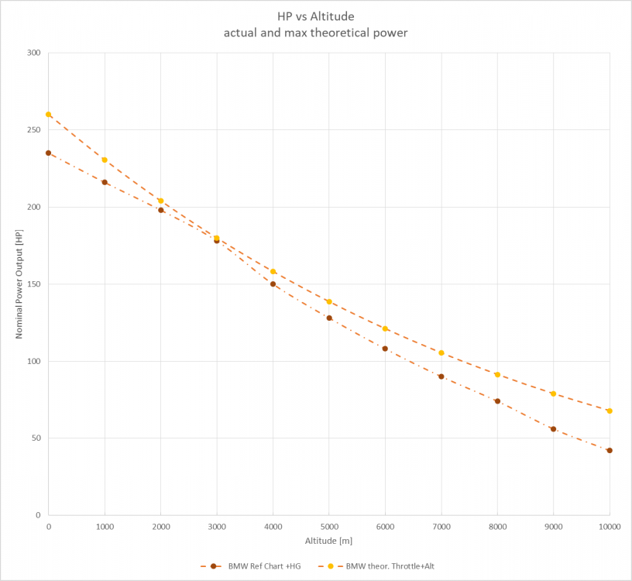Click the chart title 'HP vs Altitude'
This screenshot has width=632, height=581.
pos(316,15)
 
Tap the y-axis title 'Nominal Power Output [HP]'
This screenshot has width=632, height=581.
pos(19,284)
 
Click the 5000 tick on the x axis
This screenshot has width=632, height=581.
pos(329,527)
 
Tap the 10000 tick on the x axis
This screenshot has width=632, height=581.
pos(610,527)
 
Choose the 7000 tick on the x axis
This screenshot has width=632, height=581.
pos(441,527)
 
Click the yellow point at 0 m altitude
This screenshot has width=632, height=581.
pos(48,115)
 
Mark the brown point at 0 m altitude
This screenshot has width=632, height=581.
pos(48,153)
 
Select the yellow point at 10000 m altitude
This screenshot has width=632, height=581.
pos(610,411)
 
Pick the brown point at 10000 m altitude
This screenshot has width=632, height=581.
pos(610,450)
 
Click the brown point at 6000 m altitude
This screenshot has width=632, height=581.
pos(385,349)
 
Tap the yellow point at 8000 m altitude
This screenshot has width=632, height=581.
pos(497,375)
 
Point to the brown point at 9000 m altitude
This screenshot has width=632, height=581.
pos(553,428)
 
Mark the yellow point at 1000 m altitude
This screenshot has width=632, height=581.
pos(105,160)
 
